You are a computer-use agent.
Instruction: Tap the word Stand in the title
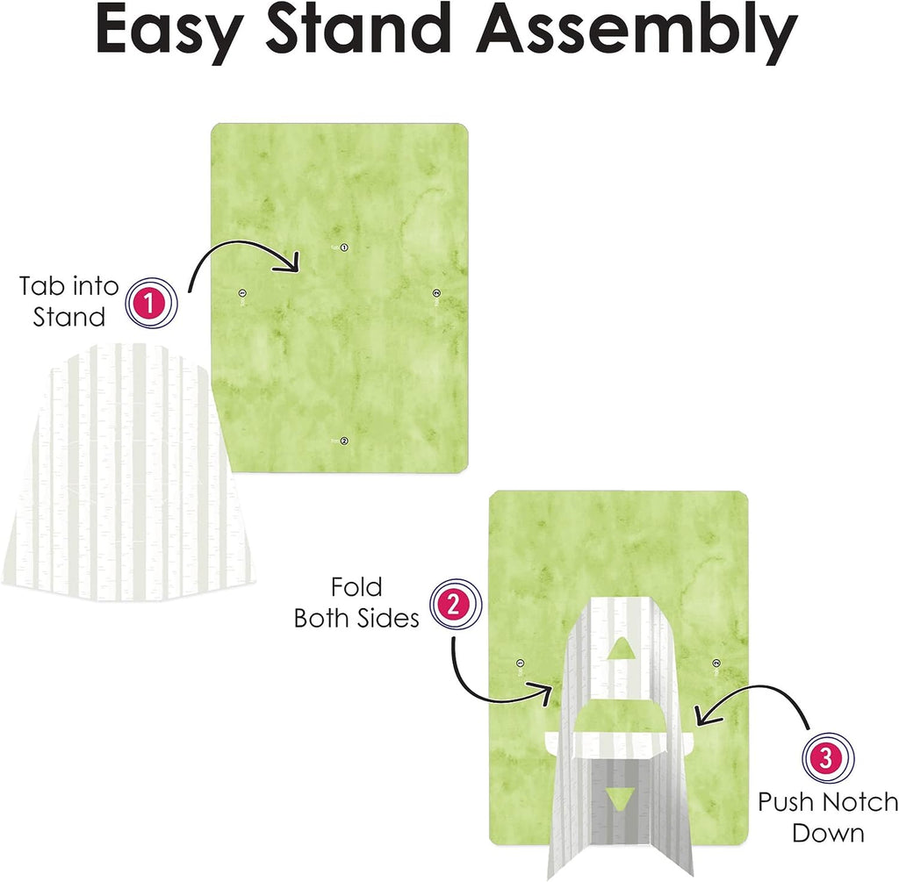[358, 29]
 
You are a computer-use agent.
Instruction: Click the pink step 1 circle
[151, 303]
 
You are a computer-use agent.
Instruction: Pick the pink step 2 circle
[456, 605]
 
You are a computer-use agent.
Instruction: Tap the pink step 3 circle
[827, 758]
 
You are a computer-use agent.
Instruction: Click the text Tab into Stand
[68, 301]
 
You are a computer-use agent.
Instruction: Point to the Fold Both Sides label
[356, 602]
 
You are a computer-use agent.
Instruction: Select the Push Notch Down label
[828, 817]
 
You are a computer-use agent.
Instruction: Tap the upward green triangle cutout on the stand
[619, 649]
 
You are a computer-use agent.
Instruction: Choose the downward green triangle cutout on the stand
[619, 798]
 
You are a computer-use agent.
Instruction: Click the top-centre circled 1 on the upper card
[344, 247]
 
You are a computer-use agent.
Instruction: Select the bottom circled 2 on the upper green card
[344, 441]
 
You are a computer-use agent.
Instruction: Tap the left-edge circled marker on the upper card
[242, 293]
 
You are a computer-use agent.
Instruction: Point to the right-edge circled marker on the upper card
[436, 293]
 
